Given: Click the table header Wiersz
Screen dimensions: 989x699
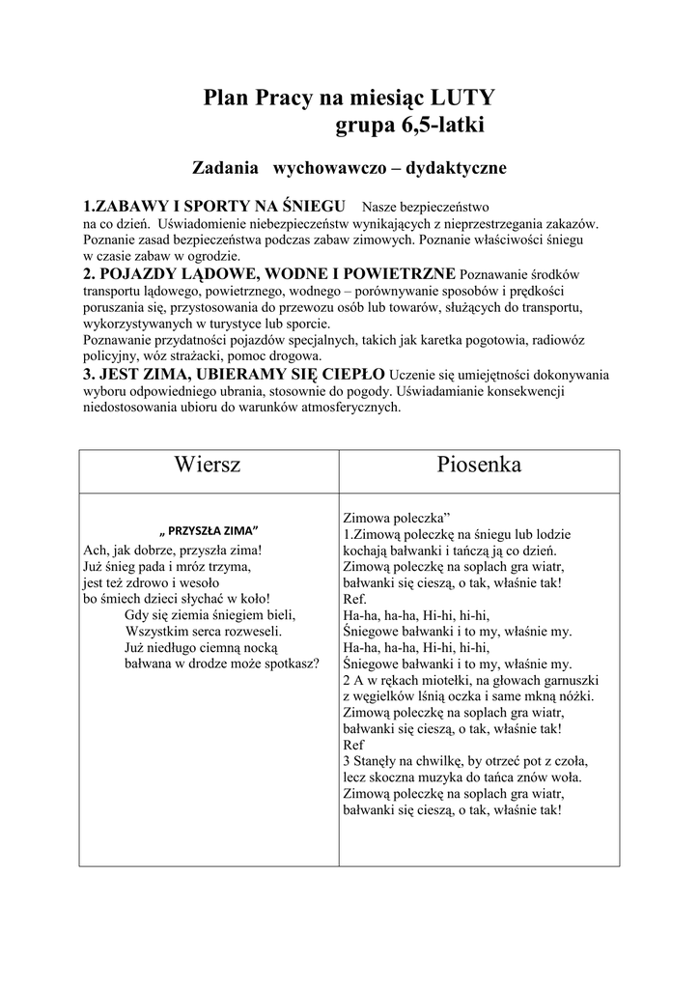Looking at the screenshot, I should pyautogui.click(x=208, y=465).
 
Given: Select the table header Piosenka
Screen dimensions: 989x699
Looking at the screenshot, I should pyautogui.click(x=479, y=465).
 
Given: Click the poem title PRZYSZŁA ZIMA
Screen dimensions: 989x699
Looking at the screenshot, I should pyautogui.click(x=209, y=531).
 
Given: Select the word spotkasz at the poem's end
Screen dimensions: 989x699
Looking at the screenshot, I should pyautogui.click(x=288, y=664).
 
